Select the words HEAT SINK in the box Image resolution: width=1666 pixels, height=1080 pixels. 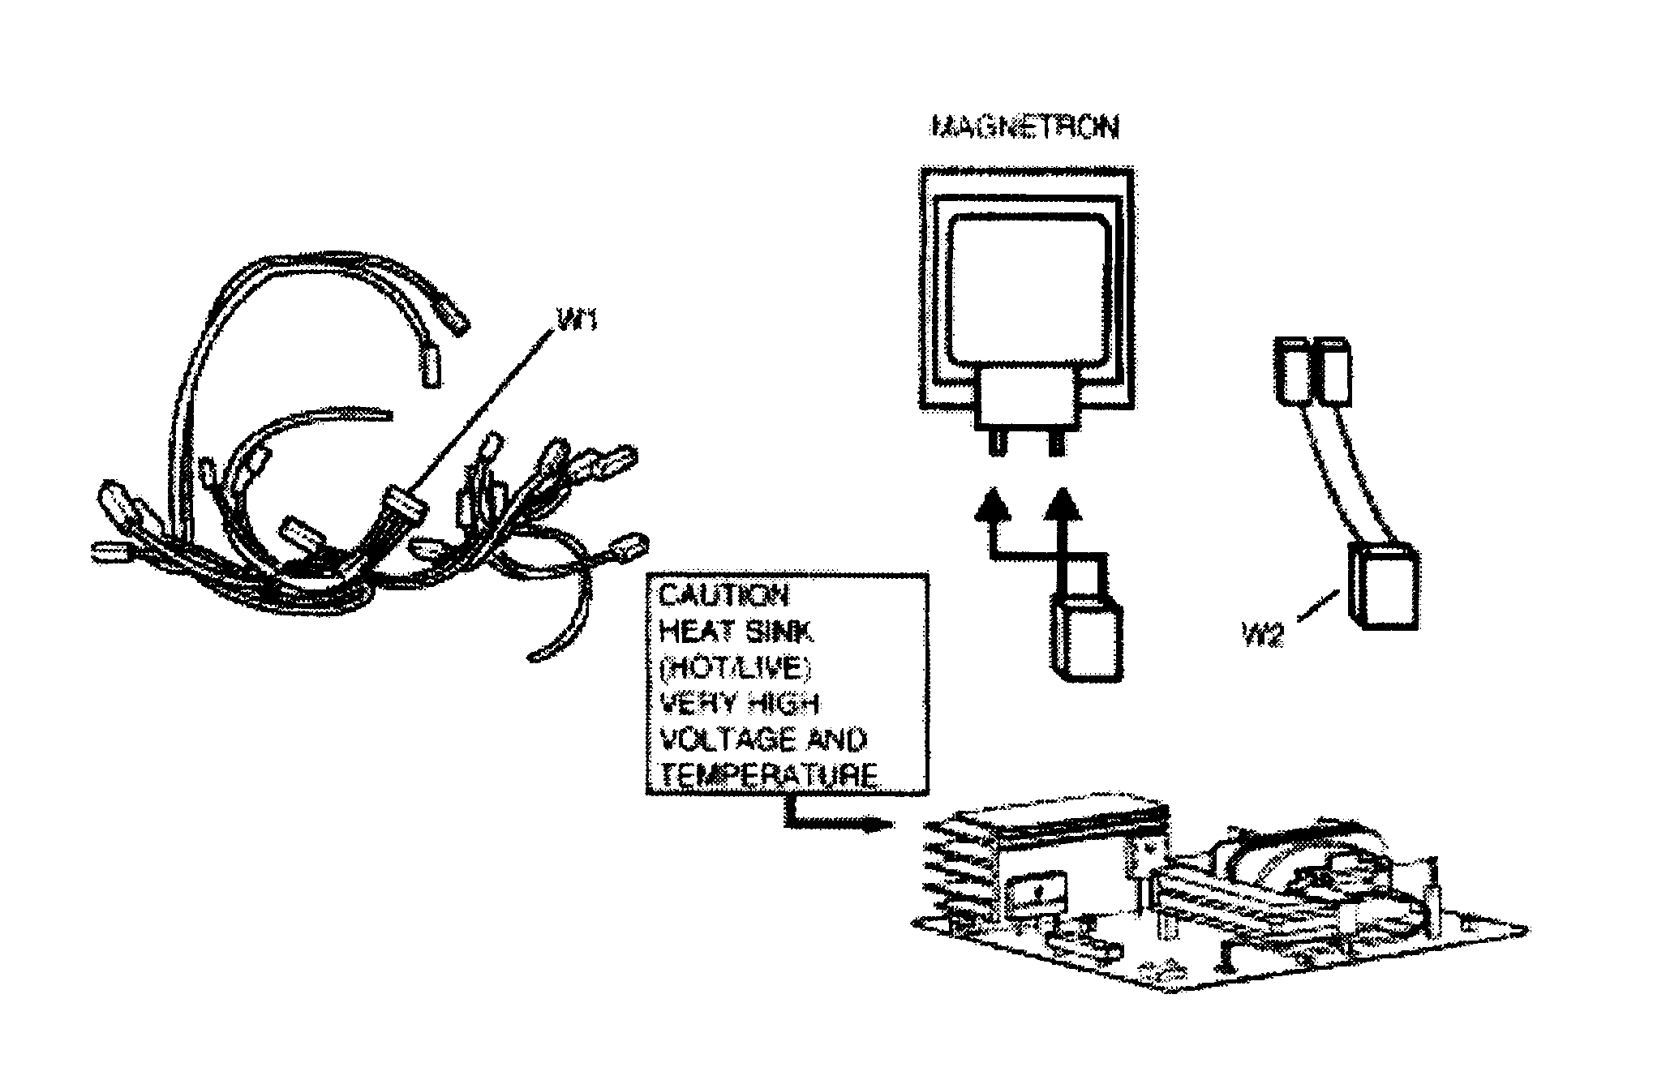pyautogui.click(x=736, y=632)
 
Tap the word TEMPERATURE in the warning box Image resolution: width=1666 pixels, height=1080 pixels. pyautogui.click(x=766, y=776)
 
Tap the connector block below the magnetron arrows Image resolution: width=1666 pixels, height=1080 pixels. pyautogui.click(x=1088, y=636)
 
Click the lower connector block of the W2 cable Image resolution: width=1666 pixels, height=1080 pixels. pyautogui.click(x=1385, y=585)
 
